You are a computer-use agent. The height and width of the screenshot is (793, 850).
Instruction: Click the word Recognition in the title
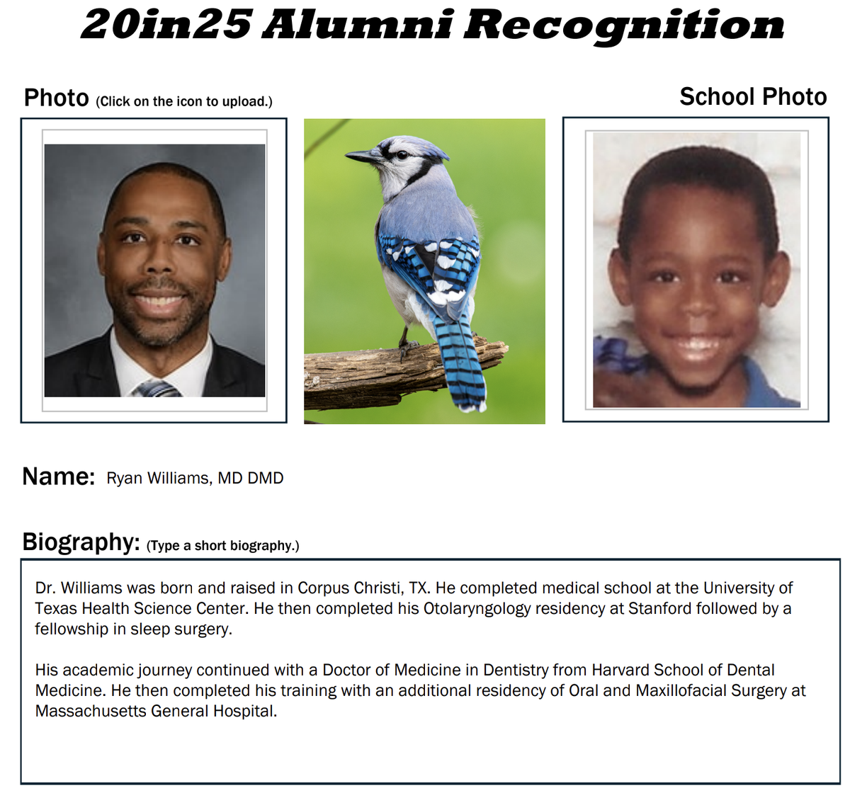[623, 25]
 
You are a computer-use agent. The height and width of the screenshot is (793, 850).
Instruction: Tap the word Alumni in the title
[357, 25]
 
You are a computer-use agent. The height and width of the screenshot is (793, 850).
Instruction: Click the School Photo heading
[753, 96]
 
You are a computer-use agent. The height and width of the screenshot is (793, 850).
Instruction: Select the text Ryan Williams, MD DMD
[195, 479]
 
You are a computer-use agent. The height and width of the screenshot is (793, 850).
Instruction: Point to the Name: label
[58, 477]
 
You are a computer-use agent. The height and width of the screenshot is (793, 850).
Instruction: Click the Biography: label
[81, 542]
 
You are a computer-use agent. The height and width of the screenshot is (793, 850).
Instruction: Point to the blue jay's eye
[402, 155]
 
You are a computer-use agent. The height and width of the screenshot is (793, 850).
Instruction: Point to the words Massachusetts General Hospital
[156, 711]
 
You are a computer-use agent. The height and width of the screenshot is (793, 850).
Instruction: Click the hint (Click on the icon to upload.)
[184, 101]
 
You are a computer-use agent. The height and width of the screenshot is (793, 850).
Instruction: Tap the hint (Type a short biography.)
[222, 546]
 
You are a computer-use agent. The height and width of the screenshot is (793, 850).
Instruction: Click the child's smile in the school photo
[698, 347]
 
